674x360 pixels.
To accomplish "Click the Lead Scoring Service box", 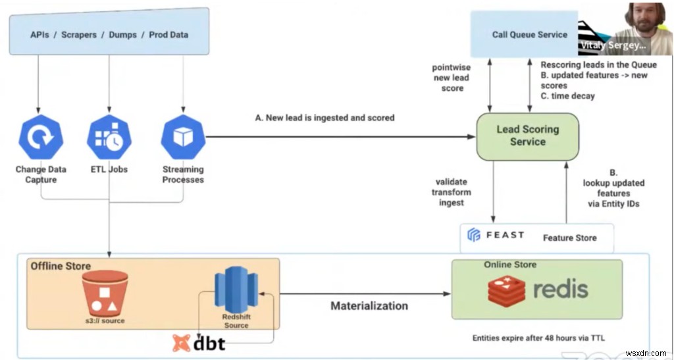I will point(527,136).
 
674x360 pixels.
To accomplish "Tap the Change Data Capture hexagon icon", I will point(41,137).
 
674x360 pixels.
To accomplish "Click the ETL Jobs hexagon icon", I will point(109,137).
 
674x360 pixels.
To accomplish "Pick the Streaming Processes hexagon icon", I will point(183,137).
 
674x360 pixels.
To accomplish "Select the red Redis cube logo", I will point(506,290).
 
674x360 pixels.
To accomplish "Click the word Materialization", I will point(369,305).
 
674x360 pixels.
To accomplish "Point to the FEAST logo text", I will point(496,235).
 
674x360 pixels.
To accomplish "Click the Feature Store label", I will point(569,238).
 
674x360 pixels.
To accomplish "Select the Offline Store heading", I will point(61,265).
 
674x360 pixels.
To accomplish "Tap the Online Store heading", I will point(510,265).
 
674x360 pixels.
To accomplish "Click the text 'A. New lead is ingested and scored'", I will point(324,118).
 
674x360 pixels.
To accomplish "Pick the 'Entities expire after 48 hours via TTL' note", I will point(538,338).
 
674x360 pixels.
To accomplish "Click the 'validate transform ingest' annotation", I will point(452,192).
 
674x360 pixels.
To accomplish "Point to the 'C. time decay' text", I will point(567,96).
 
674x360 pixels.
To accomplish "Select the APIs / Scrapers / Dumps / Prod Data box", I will point(109,34).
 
